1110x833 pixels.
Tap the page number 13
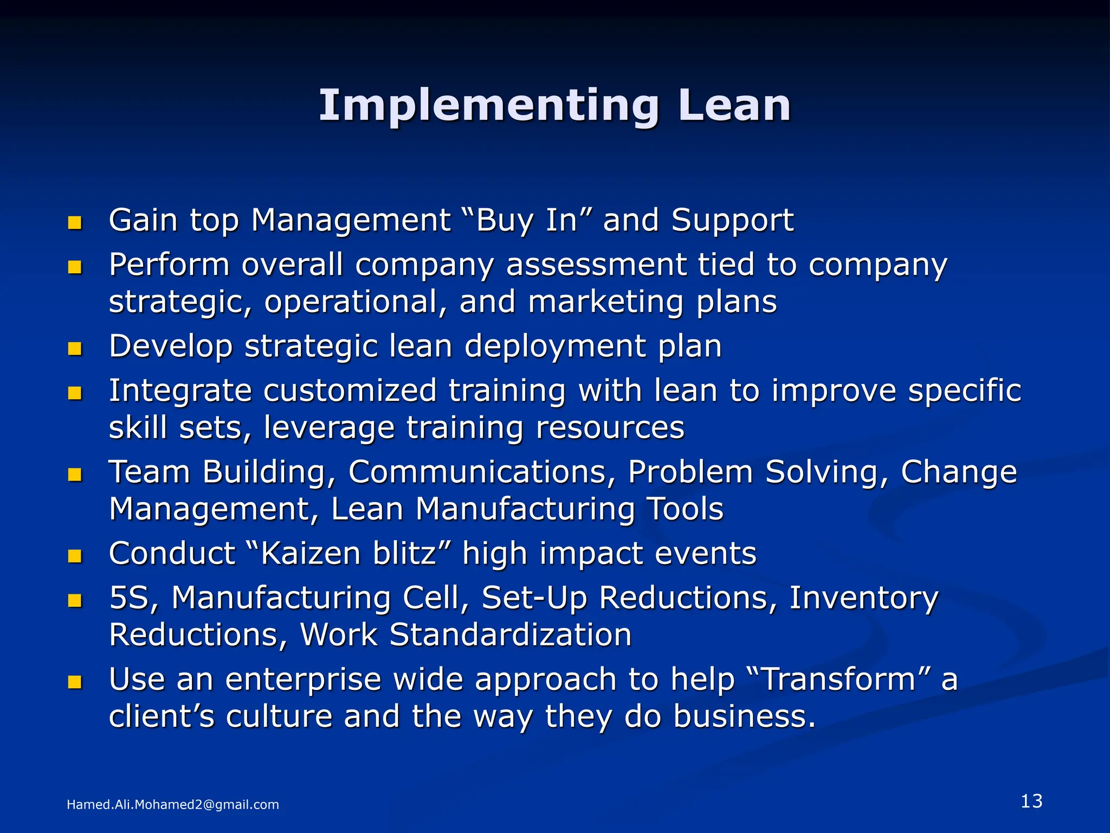tap(1031, 801)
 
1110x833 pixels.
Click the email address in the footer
tap(172, 804)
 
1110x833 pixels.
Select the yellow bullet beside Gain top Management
tap(75, 223)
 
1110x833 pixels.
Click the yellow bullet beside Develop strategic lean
tap(75, 349)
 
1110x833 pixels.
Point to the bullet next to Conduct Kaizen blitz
tap(75, 556)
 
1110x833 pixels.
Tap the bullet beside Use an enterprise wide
tap(75, 682)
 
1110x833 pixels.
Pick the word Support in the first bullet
tap(732, 221)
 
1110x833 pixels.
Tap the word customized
tap(350, 390)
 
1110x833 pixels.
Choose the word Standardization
tap(511, 635)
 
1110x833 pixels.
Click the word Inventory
tap(863, 598)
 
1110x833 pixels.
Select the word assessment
tap(596, 265)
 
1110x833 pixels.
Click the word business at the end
tap(744, 716)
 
